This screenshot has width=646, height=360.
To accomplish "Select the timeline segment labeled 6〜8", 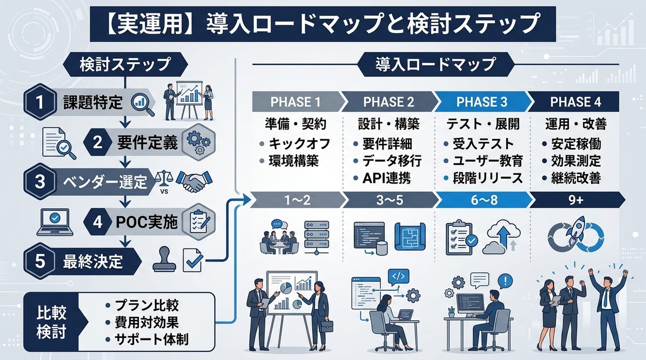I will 481,200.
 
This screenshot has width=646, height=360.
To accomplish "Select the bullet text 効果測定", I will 576,161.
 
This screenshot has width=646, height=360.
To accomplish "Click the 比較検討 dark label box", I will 52,323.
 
